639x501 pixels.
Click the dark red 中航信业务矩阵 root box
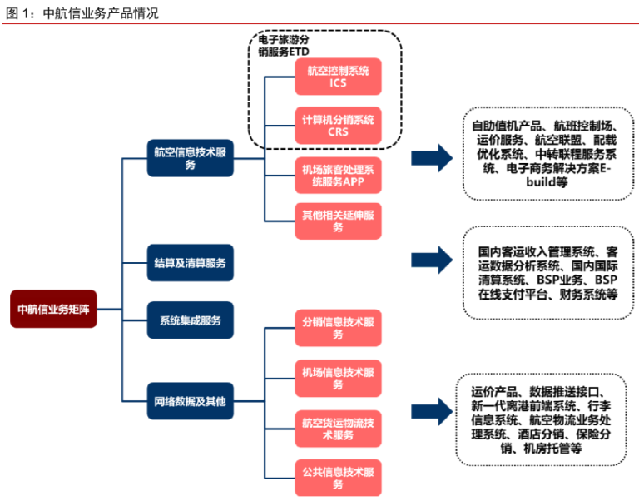click(53, 308)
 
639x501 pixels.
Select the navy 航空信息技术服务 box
click(190, 158)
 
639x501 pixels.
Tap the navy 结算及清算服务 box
click(190, 262)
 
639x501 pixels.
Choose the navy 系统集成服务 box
click(190, 320)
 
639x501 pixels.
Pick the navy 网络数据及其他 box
click(190, 400)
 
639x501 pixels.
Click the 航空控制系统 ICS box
click(338, 77)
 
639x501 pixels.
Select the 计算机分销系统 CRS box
click(338, 126)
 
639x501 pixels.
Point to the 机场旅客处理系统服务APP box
click(338, 175)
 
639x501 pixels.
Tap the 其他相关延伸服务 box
click(338, 221)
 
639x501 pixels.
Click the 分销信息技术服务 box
click(338, 328)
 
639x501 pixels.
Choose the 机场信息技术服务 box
click(338, 378)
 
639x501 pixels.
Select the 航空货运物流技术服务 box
click(338, 428)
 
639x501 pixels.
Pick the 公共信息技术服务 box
click(338, 478)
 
